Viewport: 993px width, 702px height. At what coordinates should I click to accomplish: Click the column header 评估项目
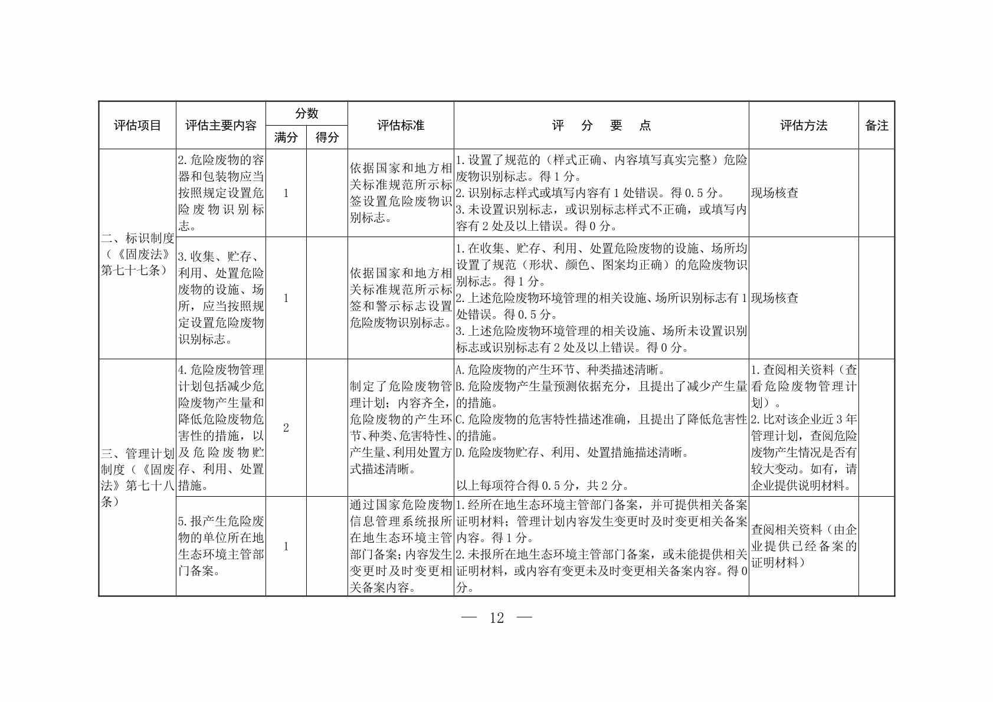tap(137, 126)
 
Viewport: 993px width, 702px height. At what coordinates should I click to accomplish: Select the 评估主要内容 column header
tap(221, 126)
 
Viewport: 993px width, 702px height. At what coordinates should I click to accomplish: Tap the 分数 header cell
tap(306, 113)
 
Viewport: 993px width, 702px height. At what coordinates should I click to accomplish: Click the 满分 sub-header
tap(286, 137)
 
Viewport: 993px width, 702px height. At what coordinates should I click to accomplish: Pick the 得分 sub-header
tap(327, 137)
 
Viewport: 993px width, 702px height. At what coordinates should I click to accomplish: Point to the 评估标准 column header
tap(401, 126)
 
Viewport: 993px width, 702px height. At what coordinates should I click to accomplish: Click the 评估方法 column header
tap(804, 126)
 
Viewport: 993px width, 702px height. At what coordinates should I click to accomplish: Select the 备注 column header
tap(876, 126)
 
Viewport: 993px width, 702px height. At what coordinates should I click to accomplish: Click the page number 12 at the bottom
tap(497, 618)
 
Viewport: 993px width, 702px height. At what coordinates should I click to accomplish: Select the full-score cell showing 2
tap(286, 428)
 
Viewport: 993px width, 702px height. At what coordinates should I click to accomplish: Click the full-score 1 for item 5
tap(286, 546)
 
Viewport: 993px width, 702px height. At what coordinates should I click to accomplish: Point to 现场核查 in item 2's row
tap(775, 193)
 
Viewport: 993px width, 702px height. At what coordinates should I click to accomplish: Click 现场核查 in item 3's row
tap(775, 298)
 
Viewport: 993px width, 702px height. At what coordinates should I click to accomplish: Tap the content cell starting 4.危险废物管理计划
tap(221, 428)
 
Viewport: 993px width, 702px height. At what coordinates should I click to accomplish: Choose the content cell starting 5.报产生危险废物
tap(221, 546)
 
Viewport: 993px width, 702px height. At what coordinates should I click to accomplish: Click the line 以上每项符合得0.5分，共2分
tap(542, 486)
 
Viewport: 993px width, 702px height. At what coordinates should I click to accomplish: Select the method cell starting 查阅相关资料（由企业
tap(804, 546)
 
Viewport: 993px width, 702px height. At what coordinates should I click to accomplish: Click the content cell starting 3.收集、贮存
tap(221, 298)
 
